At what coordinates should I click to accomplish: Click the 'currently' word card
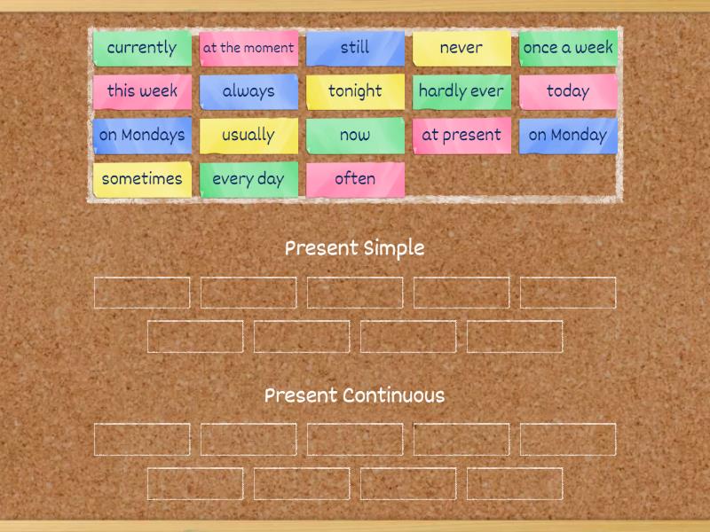pos(142,48)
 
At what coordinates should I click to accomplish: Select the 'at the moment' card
pos(248,48)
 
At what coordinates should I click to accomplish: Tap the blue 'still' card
pos(355,48)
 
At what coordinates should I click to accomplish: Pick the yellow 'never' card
pos(461,48)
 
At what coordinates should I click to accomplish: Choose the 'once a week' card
pos(568,48)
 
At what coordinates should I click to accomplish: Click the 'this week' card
pos(142,91)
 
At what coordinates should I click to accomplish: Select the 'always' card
pos(248,91)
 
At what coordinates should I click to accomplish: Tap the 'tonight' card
pos(355,91)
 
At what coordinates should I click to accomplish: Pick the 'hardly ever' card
pos(461,91)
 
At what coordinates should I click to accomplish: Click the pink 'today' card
pos(568,91)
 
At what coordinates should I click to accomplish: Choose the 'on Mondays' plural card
pos(142,136)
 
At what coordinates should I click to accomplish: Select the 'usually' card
pos(248,136)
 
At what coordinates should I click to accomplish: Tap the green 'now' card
pos(355,136)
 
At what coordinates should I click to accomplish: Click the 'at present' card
pos(461,136)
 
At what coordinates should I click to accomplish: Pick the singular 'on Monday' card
pos(568,136)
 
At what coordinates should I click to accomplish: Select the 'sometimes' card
pos(142,179)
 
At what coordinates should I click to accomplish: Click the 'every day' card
pos(248,179)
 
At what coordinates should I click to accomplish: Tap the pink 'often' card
pos(355,179)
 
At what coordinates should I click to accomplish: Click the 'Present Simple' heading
pos(354,249)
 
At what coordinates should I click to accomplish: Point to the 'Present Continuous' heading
pos(354,396)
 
